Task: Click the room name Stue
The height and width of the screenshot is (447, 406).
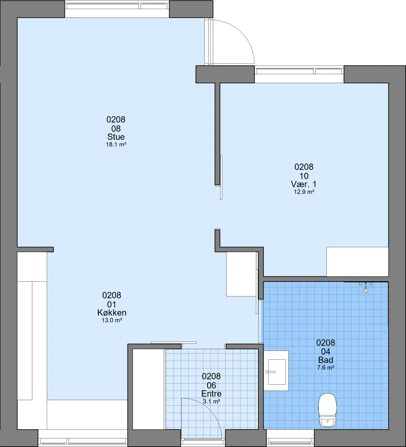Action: coord(116,137)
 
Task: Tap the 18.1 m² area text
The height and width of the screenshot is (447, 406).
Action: coord(116,144)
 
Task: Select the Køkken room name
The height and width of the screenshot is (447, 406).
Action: coord(112,313)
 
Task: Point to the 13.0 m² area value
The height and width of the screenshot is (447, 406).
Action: coord(112,320)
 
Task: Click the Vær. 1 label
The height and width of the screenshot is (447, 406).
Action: coord(304,184)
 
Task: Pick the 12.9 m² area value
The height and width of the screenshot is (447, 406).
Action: coord(304,192)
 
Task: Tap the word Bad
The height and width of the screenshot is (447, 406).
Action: coord(325,360)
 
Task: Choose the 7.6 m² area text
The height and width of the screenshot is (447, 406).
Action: coord(325,368)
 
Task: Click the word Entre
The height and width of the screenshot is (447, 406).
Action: coord(211,394)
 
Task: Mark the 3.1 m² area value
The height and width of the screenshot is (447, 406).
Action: coord(211,401)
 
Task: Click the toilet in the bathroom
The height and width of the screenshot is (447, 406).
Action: coord(327,410)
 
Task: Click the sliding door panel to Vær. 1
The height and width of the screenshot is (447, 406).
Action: coord(221,177)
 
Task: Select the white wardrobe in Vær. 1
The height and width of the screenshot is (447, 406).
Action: coord(357,262)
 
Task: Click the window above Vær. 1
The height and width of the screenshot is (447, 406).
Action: coord(299,71)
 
